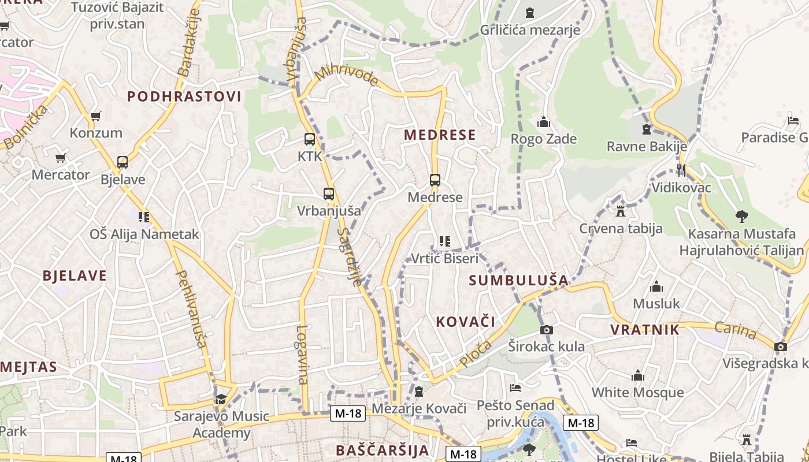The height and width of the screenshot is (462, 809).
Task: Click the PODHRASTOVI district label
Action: pos(184,96)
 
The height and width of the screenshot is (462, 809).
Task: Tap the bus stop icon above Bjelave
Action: pos(122,162)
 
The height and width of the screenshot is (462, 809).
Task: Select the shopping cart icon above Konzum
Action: pos(96,117)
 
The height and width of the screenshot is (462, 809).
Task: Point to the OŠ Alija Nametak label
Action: pos(144,234)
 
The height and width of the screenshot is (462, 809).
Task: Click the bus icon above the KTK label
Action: pos(310,139)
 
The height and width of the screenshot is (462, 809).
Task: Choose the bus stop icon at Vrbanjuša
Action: pos(329,194)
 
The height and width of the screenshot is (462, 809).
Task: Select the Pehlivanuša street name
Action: pos(191,309)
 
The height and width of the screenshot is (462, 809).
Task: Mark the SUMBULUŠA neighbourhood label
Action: pos(518,281)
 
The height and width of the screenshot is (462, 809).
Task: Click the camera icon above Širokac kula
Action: pos(546,330)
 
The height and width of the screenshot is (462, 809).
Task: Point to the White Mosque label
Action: pos(637,393)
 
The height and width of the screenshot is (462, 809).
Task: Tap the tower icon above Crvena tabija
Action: pos(621,211)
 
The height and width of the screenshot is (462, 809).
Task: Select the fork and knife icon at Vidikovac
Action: pos(681,170)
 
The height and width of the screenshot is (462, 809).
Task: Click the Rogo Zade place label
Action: pos(543,139)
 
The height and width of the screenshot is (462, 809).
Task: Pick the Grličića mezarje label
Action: pos(530,30)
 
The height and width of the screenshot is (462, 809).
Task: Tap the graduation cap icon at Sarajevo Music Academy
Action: pos(221,399)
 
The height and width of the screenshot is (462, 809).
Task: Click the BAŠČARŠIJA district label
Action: pos(382,450)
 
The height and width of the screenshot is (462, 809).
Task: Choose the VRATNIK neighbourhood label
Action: pos(645,330)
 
